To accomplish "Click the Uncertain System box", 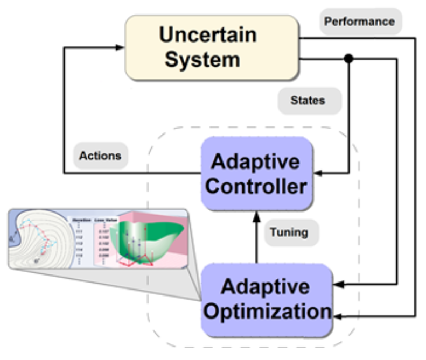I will tap(212, 47).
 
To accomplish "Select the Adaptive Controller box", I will tap(257, 173).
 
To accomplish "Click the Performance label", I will tap(359, 22).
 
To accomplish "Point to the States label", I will tap(309, 101).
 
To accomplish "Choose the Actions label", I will tap(100, 156).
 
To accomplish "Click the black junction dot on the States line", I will tap(349, 59).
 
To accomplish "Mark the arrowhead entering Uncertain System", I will tap(121, 47).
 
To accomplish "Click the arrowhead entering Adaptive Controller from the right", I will tap(318, 173).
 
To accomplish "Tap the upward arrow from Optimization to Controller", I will tap(257, 237).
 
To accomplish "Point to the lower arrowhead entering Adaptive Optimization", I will tap(338, 315).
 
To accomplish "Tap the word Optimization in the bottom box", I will tap(267, 312).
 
